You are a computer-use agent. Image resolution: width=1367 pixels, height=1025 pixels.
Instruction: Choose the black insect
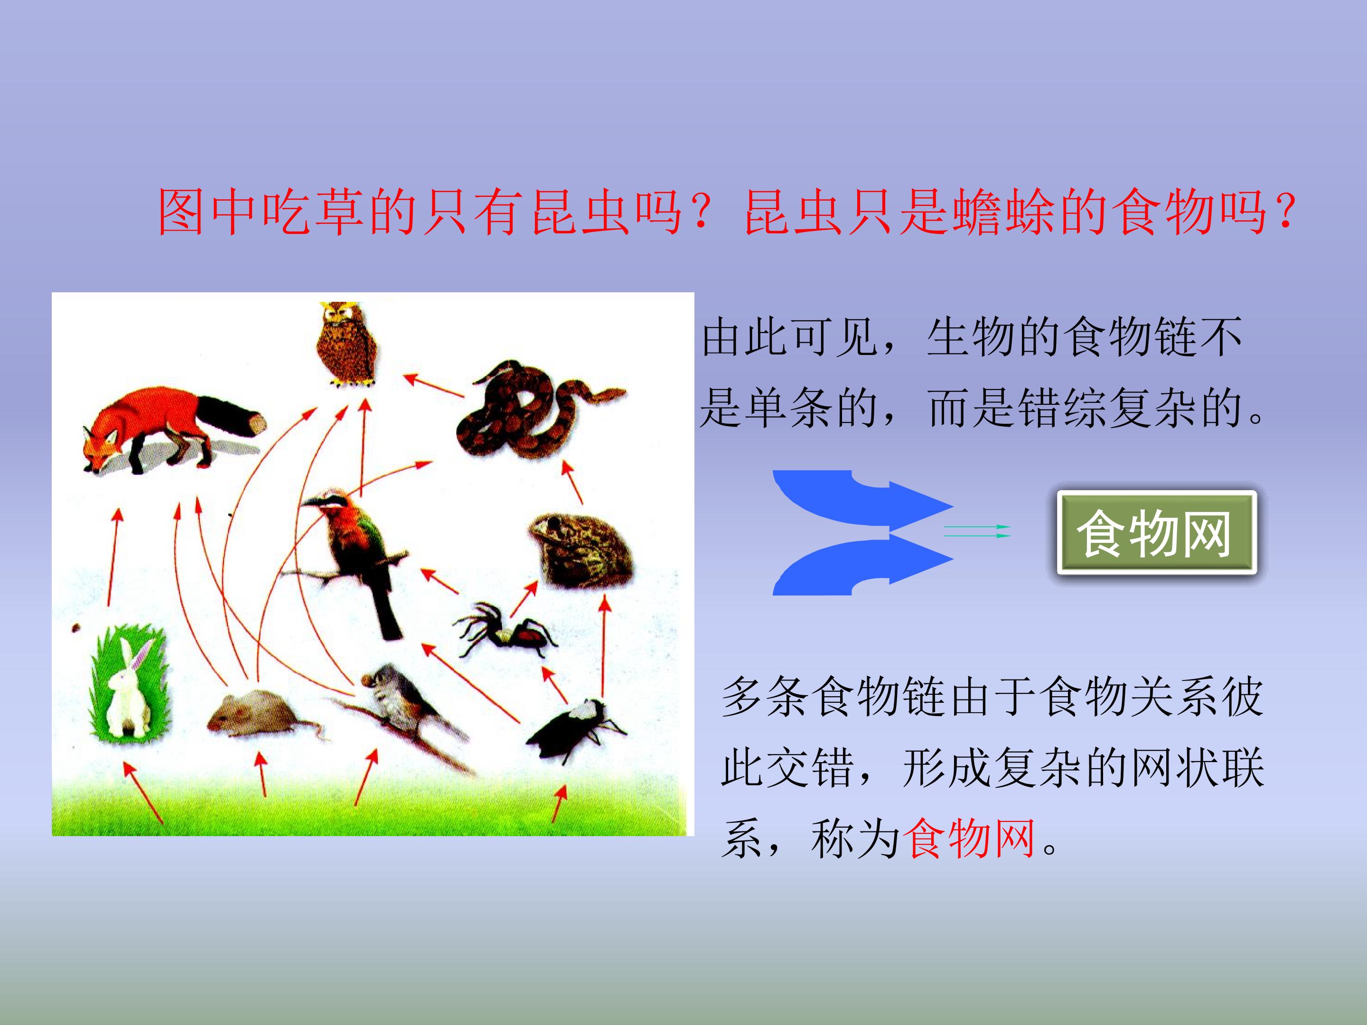coord(571,728)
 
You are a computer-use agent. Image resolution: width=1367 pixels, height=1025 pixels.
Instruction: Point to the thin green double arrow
coord(976,531)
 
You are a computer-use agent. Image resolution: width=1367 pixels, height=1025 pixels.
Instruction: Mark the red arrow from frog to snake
coord(571,483)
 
